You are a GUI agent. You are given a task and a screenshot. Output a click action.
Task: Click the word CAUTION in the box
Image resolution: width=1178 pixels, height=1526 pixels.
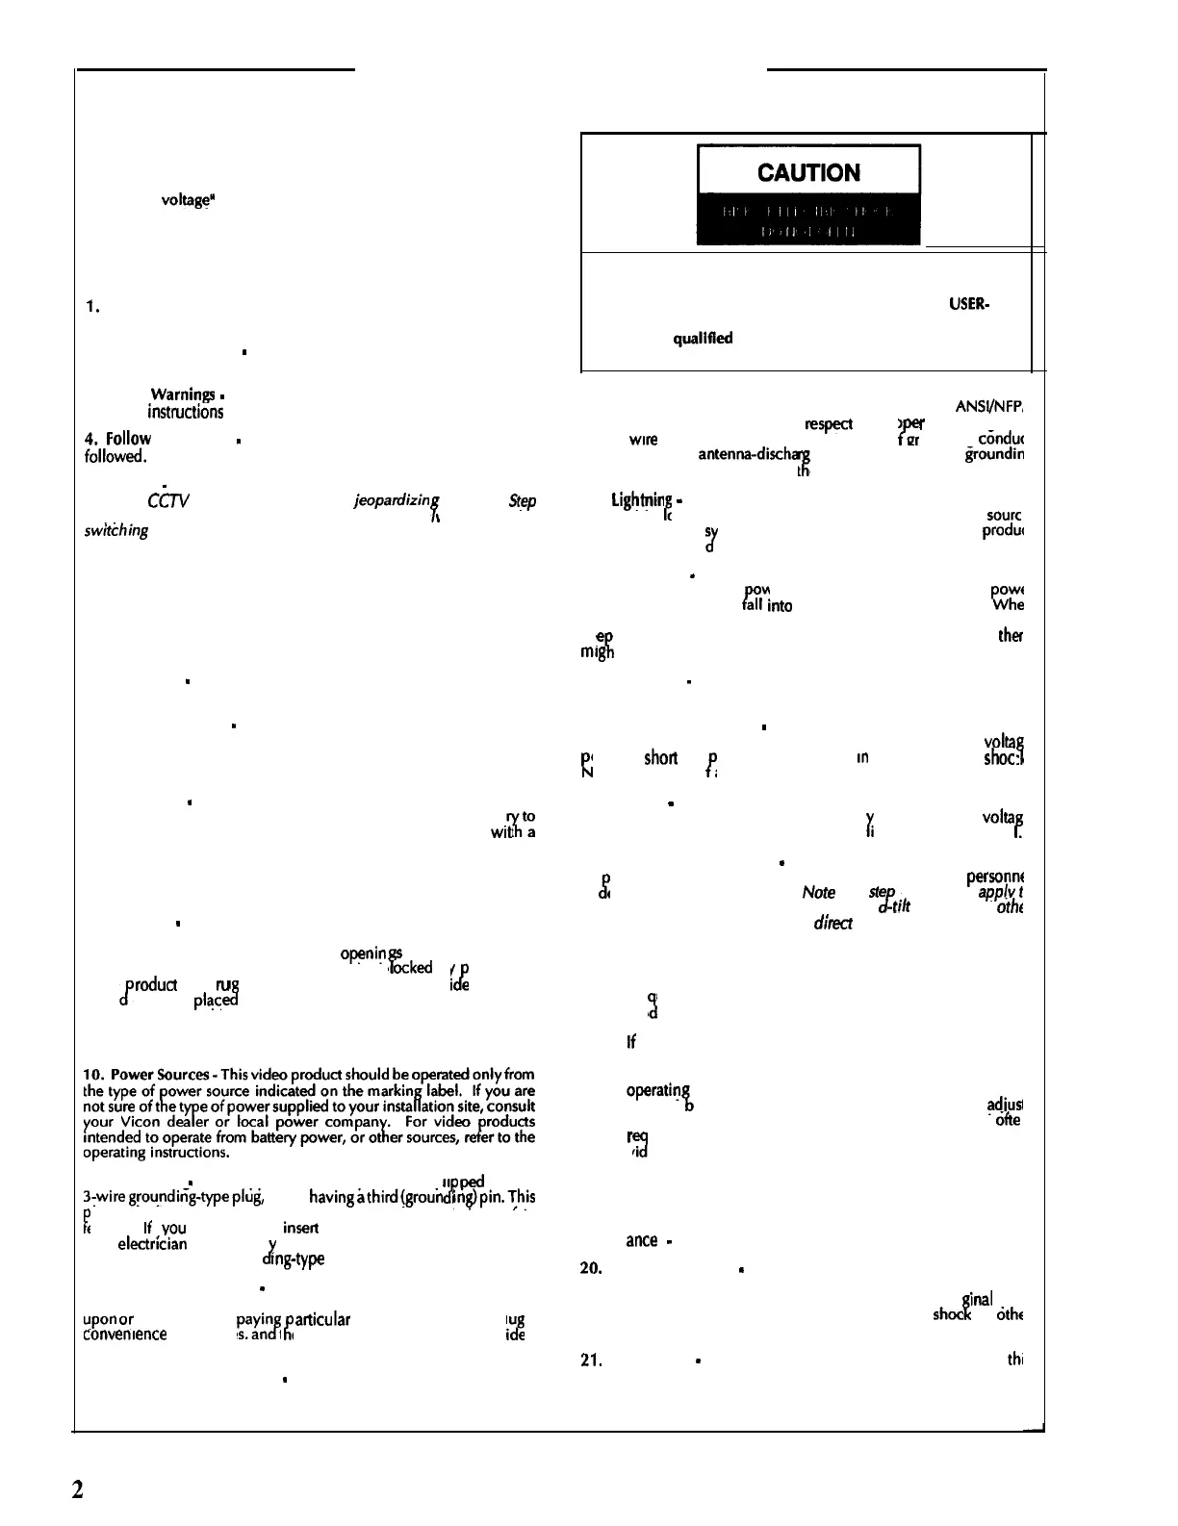(x=808, y=173)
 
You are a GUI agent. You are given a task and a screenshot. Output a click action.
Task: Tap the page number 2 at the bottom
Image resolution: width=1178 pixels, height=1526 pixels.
(x=78, y=1488)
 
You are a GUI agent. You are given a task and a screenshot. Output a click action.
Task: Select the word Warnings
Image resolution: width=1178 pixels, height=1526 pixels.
(x=183, y=394)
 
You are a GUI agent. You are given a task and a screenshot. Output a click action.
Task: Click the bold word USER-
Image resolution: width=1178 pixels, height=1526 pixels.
(x=970, y=304)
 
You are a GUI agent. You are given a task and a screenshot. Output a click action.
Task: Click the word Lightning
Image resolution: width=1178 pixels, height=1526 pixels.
(x=641, y=500)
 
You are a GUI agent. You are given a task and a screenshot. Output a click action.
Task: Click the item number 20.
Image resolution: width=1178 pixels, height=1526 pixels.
(x=591, y=1268)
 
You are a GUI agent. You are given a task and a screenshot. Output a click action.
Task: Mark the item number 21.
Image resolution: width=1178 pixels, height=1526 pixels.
(x=591, y=1361)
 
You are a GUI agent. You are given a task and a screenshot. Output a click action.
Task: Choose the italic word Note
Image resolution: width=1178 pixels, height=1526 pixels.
(x=818, y=893)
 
